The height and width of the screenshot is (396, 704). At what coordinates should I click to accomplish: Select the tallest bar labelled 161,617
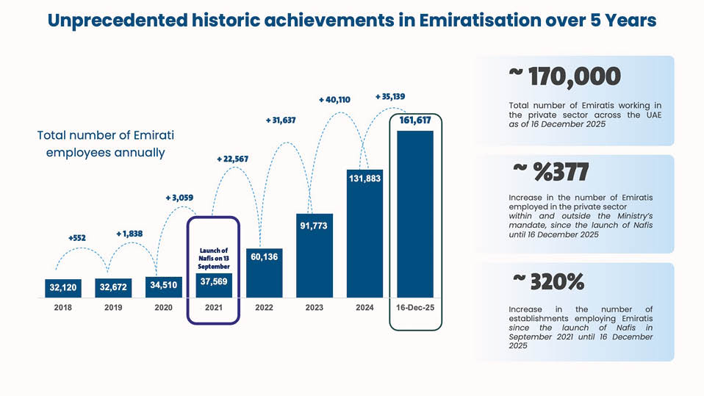pos(415,220)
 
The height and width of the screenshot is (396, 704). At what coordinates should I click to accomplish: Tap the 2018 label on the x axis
pos(63,308)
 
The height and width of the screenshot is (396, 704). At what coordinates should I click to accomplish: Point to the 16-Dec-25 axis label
pos(415,308)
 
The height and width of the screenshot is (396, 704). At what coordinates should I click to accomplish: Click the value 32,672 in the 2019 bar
pos(113,287)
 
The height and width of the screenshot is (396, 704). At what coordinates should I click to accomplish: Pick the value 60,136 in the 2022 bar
pos(265,257)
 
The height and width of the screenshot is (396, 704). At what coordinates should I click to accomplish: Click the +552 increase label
pos(76,238)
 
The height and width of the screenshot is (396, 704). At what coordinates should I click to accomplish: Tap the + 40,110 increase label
pos(334,99)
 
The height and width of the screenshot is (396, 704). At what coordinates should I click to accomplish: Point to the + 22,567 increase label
pos(232,159)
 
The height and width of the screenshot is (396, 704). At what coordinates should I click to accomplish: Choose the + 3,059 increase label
pos(179,198)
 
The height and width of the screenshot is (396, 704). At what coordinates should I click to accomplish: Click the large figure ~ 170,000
pos(564,76)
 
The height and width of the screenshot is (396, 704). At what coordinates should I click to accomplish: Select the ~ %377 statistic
pos(551,172)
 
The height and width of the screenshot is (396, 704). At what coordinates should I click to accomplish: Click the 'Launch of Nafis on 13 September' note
pos(214,259)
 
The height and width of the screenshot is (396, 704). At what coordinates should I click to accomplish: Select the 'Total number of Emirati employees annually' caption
pos(106,144)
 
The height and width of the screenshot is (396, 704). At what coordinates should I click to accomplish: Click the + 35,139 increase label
pos(389,96)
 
